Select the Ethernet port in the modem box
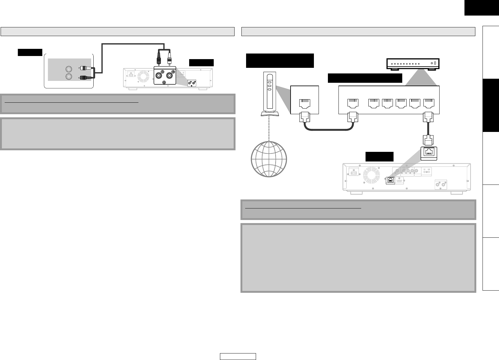coord(304,103)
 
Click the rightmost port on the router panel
coord(429,103)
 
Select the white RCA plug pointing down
coord(169,58)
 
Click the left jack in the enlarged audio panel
coord(160,75)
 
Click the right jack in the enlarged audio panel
coord(170,75)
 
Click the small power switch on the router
coord(435,64)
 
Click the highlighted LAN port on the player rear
coord(390,180)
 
